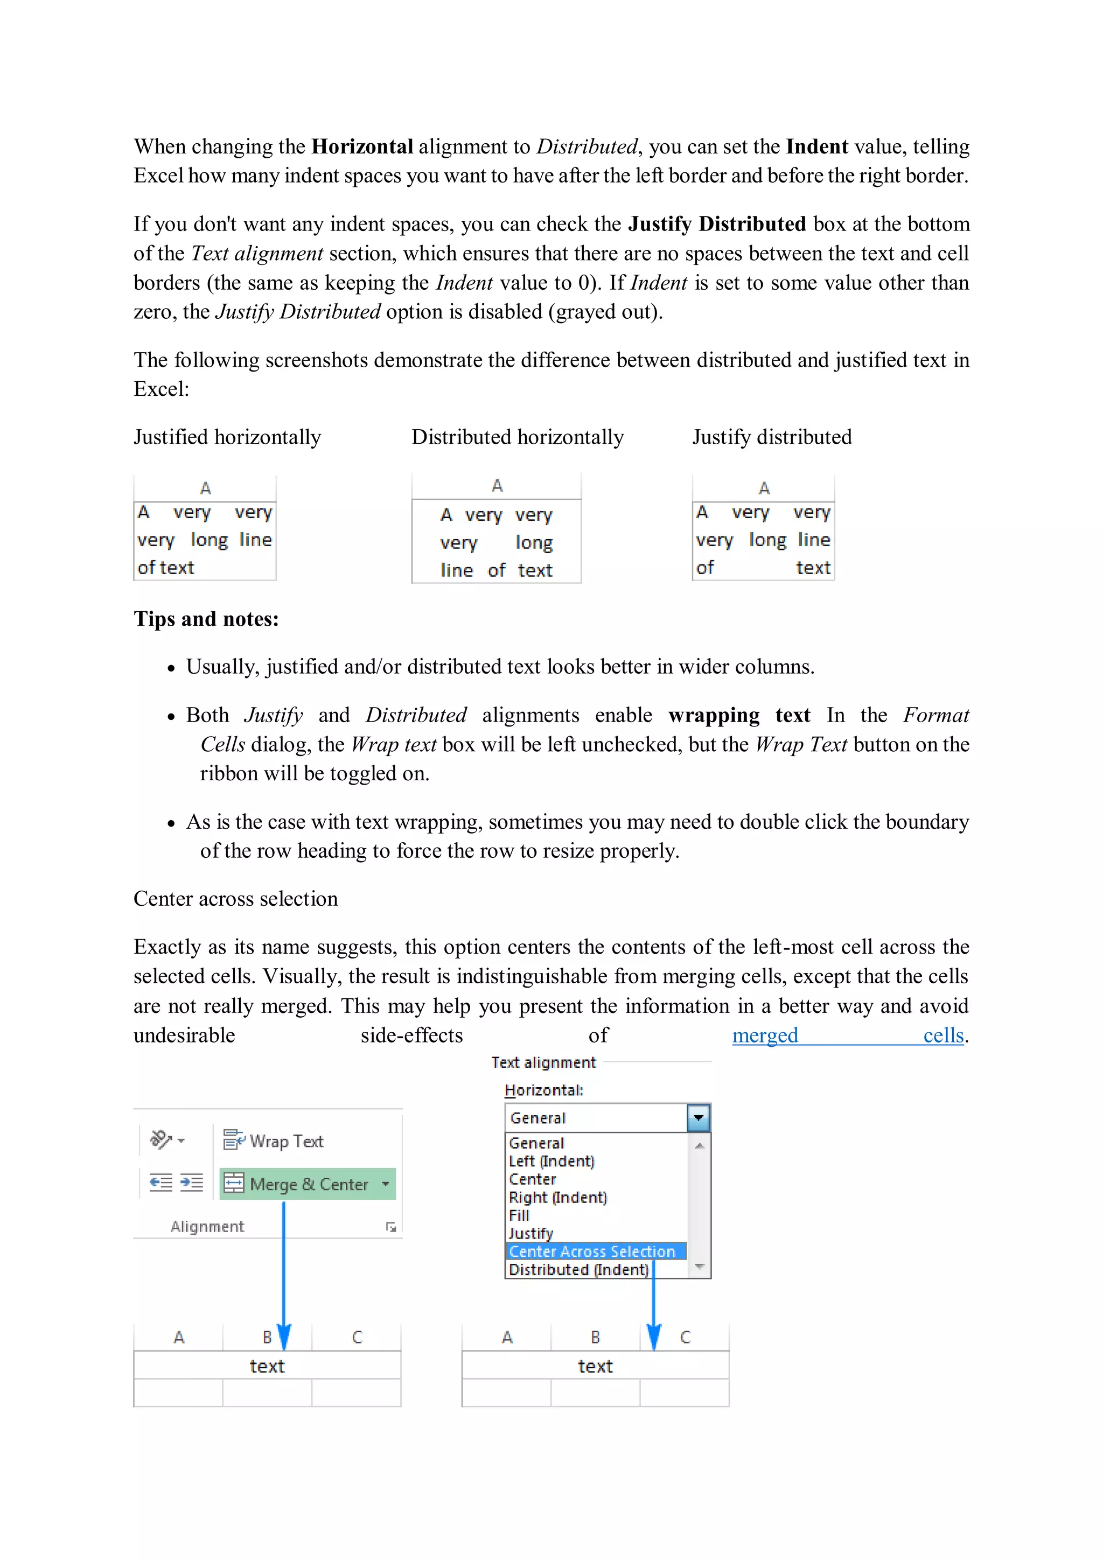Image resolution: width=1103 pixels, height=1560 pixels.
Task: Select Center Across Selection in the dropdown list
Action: click(x=591, y=1251)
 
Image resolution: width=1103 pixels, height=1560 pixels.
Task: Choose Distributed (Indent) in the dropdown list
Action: click(x=578, y=1269)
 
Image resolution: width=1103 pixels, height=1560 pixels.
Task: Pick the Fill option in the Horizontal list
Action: click(x=519, y=1215)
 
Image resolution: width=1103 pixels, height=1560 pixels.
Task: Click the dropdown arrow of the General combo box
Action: click(x=698, y=1118)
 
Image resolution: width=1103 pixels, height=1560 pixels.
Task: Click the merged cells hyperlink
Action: click(x=848, y=1036)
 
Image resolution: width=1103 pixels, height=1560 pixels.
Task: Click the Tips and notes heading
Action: click(x=206, y=619)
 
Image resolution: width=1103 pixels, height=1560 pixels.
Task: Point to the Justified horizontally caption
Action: click(x=227, y=437)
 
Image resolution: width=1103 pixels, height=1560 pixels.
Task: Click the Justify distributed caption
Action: click(x=771, y=437)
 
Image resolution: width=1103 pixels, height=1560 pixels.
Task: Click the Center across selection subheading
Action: click(x=235, y=899)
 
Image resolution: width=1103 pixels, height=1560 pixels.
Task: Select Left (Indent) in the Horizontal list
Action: click(x=551, y=1161)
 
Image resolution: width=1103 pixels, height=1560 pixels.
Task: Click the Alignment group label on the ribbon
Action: click(x=207, y=1226)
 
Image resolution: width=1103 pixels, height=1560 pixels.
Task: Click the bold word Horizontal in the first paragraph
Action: click(x=362, y=147)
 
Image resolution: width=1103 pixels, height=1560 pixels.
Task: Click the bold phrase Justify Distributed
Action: click(x=716, y=224)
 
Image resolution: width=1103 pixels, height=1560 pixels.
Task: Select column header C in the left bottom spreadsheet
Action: click(x=357, y=1337)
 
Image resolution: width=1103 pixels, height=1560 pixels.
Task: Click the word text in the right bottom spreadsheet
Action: click(x=595, y=1366)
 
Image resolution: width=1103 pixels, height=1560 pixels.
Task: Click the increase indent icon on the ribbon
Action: click(x=192, y=1183)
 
